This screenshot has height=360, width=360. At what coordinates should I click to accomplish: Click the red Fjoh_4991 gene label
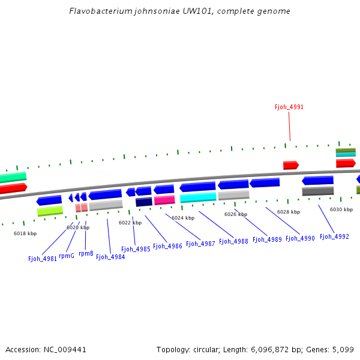289,107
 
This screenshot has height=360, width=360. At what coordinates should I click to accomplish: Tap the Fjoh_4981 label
43,259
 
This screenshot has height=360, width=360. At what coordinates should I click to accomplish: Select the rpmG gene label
67,256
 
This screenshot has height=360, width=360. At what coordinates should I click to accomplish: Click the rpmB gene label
86,253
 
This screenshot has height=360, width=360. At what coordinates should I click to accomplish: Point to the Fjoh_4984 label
110,257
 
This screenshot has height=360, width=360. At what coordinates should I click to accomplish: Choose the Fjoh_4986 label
167,246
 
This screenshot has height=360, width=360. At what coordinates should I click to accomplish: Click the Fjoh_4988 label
233,241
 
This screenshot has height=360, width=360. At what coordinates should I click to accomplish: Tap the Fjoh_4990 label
300,238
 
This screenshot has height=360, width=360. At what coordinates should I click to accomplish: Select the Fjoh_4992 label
334,236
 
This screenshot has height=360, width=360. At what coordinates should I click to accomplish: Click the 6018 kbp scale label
25,233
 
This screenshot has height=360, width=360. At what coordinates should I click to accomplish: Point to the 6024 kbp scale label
183,218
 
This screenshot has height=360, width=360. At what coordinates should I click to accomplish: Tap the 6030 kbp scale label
341,209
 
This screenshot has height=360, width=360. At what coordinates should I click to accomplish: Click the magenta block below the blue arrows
164,200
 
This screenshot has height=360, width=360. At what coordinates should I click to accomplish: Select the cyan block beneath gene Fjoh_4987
198,197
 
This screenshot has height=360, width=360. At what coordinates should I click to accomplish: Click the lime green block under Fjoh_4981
50,211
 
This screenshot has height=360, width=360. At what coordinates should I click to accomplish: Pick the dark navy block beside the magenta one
144,202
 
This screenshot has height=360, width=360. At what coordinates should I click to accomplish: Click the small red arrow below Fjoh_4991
290,165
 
